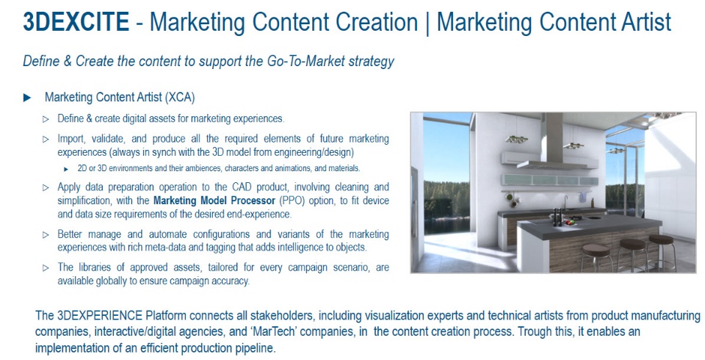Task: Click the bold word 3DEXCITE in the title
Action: point(76,22)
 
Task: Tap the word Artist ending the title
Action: point(646,22)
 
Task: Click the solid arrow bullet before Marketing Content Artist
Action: point(27,97)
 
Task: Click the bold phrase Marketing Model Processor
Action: point(214,201)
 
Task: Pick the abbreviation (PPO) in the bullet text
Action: point(292,201)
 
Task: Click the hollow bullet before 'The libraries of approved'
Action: point(46,267)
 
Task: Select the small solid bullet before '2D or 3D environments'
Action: point(66,169)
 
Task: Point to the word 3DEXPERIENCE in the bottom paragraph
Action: point(99,315)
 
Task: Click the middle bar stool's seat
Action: point(632,244)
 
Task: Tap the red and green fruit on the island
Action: point(570,221)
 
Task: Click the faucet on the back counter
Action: point(565,202)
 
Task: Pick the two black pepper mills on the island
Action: point(557,217)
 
